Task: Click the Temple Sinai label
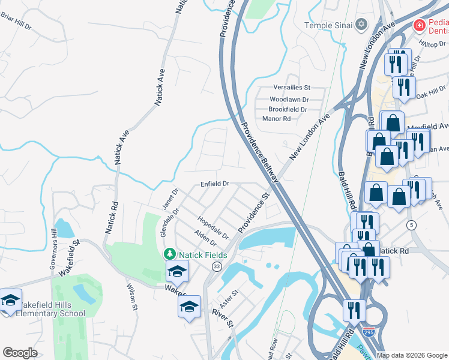click(x=329, y=25)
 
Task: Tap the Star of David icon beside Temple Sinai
click(x=361, y=25)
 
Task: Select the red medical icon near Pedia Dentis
click(x=419, y=25)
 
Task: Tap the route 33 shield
click(x=217, y=266)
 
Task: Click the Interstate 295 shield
click(x=369, y=331)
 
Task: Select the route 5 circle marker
click(x=411, y=225)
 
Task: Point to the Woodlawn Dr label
click(x=289, y=99)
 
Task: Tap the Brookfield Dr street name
click(x=288, y=109)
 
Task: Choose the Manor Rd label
click(x=276, y=119)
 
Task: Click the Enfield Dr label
click(x=215, y=183)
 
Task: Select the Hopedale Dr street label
click(x=213, y=227)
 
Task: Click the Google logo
click(x=20, y=353)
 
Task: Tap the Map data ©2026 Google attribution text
click(x=411, y=355)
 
